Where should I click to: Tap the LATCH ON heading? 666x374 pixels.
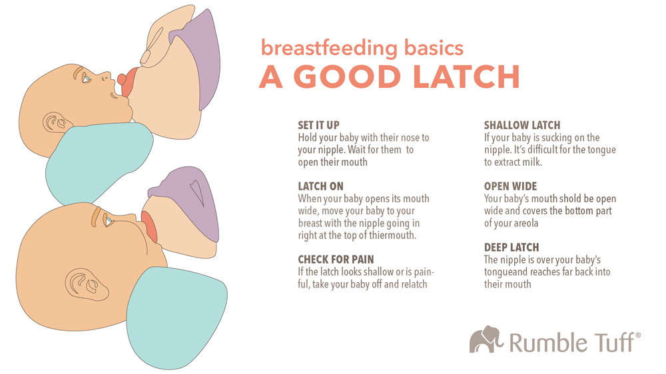click(x=321, y=186)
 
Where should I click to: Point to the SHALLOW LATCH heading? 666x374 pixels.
click(x=522, y=125)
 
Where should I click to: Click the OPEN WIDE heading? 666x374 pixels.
click(x=510, y=186)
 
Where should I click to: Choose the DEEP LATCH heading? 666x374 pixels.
click(x=511, y=247)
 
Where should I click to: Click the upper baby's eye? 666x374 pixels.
click(x=87, y=78)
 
